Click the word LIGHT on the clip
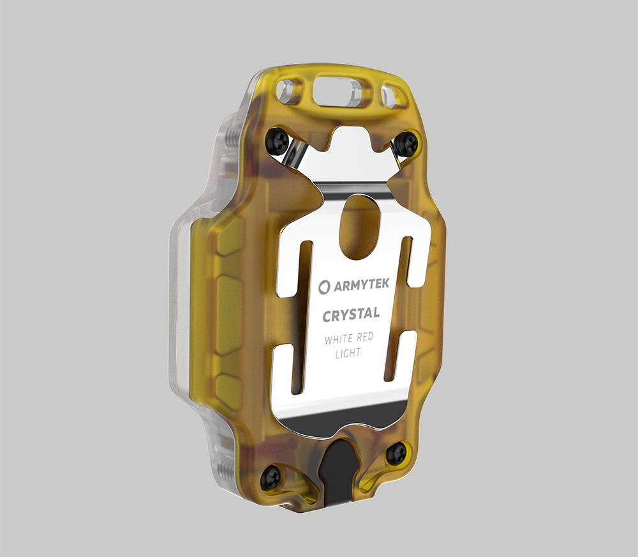348,353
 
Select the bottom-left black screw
271,477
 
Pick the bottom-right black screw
396,454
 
